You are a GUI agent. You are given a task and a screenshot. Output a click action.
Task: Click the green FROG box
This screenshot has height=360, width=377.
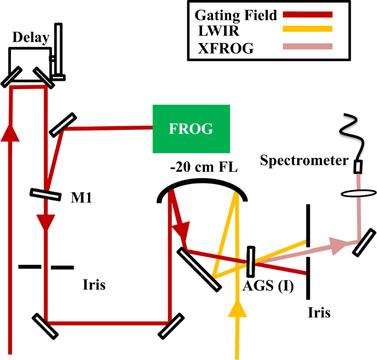(x=191, y=129)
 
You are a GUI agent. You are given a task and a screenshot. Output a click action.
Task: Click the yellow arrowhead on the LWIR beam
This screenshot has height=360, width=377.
(x=238, y=308)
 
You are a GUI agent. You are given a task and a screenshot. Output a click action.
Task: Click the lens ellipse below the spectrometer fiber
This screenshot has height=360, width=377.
(x=358, y=194)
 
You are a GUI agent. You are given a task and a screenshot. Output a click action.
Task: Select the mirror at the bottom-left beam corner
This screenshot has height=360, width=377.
(x=45, y=325)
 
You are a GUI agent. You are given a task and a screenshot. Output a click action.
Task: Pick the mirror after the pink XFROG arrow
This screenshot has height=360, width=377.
(x=362, y=242)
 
